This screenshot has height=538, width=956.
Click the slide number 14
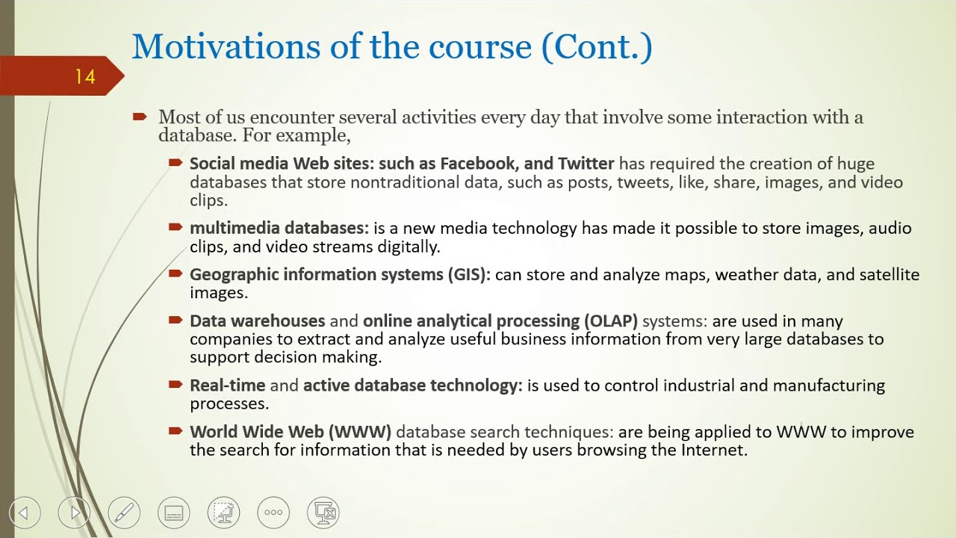(84, 76)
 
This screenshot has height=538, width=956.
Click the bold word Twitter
(586, 164)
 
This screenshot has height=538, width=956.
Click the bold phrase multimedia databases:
(279, 229)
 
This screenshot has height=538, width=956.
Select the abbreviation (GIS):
(468, 275)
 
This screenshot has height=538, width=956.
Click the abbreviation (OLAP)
(610, 321)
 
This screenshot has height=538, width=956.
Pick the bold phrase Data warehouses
(258, 321)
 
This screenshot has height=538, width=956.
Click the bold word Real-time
(227, 386)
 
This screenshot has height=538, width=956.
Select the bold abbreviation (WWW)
(361, 432)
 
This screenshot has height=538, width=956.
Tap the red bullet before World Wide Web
(176, 431)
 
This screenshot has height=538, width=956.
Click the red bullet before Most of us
(140, 117)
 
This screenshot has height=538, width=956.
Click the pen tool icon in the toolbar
(124, 513)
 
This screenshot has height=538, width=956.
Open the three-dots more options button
(273, 513)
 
